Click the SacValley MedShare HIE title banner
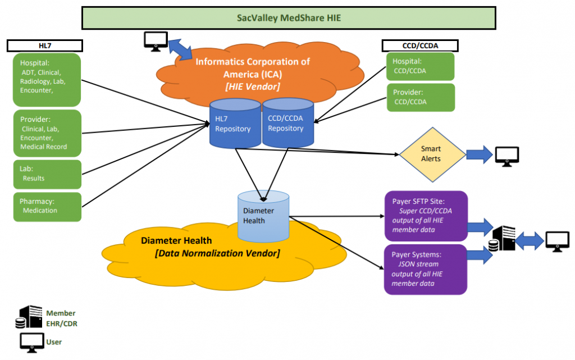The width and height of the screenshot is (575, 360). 289,17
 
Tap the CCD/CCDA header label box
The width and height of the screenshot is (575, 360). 420,45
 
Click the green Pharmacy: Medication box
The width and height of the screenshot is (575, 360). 47,206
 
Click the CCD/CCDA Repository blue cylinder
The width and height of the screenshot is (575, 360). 287,124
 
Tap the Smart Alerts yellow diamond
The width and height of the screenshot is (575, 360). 431,153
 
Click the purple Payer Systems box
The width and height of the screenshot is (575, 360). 425,268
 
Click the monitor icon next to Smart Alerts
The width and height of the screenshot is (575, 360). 506,155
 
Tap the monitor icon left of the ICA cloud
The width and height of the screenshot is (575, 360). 156,40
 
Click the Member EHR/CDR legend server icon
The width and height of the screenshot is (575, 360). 29,317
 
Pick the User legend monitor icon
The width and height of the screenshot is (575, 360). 31,341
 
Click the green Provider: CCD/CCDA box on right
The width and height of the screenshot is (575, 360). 420,97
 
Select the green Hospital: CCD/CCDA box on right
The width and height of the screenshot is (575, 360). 420,66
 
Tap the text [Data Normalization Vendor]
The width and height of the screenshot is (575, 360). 217,253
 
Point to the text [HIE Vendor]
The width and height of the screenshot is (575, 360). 252,86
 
